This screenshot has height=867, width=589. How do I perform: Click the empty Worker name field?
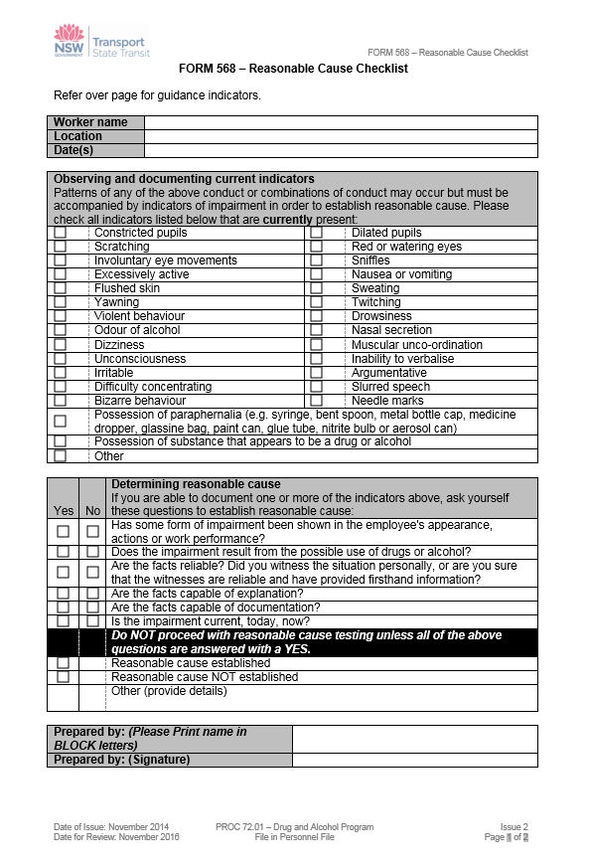tap(340, 122)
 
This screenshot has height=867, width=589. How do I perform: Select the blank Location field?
tap(340, 136)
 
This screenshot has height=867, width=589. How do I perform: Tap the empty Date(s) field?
tap(340, 150)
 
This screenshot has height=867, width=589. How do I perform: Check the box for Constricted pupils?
tap(61, 233)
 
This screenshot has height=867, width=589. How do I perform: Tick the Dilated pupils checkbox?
tap(316, 233)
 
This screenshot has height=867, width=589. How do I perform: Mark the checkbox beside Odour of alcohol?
tap(61, 330)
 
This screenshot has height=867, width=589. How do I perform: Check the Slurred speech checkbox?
tap(316, 387)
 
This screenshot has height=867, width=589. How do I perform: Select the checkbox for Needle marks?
tap(316, 401)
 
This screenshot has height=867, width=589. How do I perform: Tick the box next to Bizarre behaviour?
tap(61, 401)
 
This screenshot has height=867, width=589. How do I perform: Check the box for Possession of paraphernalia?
tap(61, 422)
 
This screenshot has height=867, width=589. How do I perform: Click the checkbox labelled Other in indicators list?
tap(61, 456)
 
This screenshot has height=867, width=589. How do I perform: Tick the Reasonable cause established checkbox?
tap(63, 663)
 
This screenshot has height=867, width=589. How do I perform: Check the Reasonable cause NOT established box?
tap(63, 677)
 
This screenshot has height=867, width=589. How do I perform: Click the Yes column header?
tap(63, 510)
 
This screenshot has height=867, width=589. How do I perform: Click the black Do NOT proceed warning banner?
tap(308, 642)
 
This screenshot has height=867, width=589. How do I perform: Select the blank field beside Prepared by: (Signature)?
tap(414, 761)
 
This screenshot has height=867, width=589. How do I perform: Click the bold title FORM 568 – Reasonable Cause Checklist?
tap(293, 70)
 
